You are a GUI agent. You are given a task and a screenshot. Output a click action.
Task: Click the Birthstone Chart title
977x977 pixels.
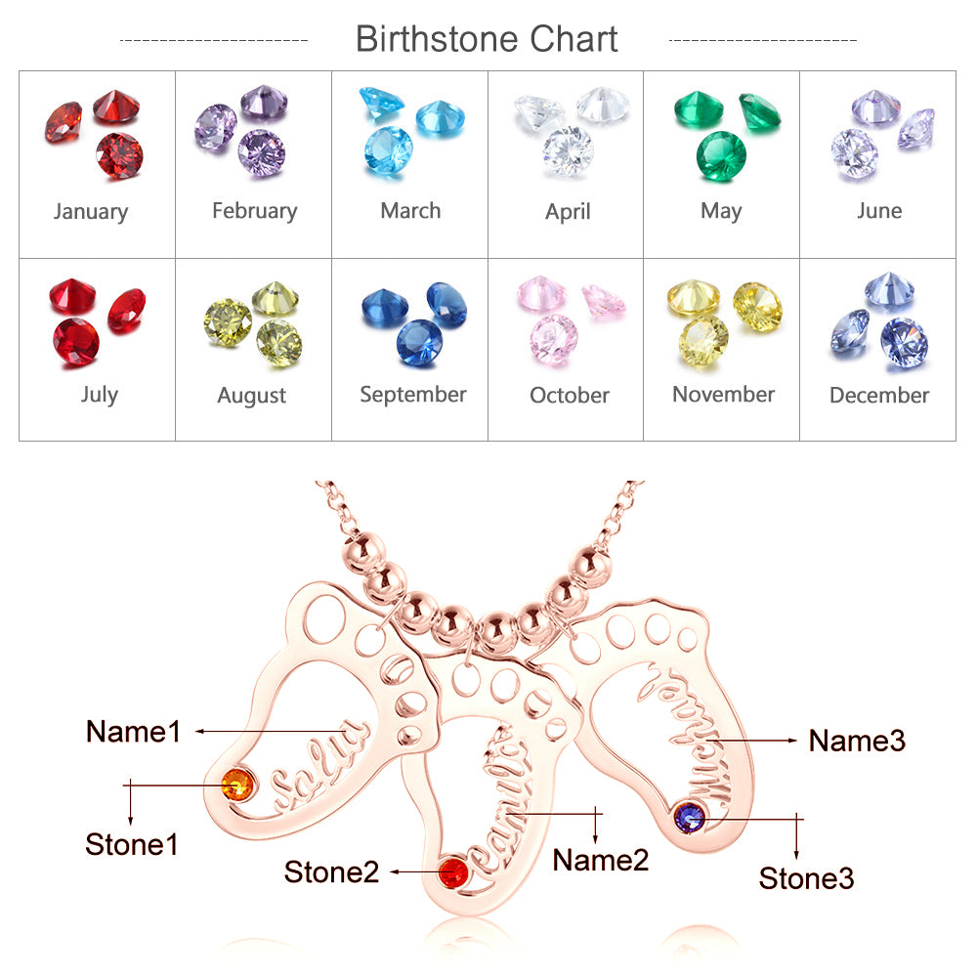pyautogui.click(x=487, y=39)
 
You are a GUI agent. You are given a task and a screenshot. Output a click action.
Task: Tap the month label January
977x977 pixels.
pyautogui.click(x=91, y=212)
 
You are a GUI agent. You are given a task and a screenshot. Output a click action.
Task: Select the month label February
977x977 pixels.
pyautogui.click(x=254, y=211)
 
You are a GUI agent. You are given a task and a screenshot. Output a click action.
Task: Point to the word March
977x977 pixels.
pyautogui.click(x=410, y=211)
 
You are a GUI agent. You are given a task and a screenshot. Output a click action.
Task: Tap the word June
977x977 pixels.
pyautogui.click(x=879, y=211)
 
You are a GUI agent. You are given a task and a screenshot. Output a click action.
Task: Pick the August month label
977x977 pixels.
pyautogui.click(x=252, y=397)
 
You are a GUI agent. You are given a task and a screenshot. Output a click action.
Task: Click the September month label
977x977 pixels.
pyautogui.click(x=412, y=395)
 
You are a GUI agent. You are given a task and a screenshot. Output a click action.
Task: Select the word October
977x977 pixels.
pyautogui.click(x=570, y=396)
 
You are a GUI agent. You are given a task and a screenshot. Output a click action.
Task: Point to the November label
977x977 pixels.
pyautogui.click(x=723, y=395)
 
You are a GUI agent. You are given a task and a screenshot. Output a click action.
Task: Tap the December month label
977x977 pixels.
pyautogui.click(x=879, y=396)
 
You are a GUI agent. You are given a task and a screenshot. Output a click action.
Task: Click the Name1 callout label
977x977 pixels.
pyautogui.click(x=134, y=731)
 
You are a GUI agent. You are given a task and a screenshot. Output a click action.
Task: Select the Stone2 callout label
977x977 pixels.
pyautogui.click(x=331, y=871)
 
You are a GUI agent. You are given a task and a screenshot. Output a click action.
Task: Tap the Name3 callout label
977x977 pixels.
pyautogui.click(x=857, y=742)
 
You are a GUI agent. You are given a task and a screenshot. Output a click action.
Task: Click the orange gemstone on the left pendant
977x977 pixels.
pyautogui.click(x=238, y=784)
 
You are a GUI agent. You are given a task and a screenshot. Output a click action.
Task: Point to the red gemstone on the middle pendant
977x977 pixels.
pyautogui.click(x=452, y=871)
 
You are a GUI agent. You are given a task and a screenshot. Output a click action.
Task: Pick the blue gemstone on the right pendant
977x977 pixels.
pyautogui.click(x=691, y=816)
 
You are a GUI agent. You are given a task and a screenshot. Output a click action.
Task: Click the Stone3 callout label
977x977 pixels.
pyautogui.click(x=806, y=878)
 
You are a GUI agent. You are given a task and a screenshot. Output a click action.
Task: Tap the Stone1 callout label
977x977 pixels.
pyautogui.click(x=132, y=844)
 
